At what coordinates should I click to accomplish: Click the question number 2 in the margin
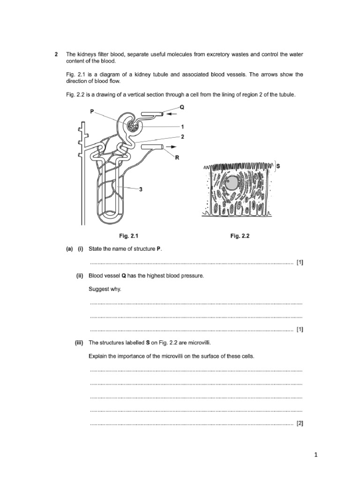tap(56, 55)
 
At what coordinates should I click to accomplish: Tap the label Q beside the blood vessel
tap(182, 107)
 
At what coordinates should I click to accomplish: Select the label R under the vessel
tap(177, 158)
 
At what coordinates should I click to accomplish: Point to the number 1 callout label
tap(182, 127)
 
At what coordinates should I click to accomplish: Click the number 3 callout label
tap(140, 189)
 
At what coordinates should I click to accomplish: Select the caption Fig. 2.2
tap(240, 236)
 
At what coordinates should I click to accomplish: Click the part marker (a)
tap(69, 249)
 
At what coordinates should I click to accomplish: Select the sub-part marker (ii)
tap(80, 276)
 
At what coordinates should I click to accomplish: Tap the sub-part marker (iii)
tap(79, 343)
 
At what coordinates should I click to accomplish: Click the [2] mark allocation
tap(300, 423)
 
